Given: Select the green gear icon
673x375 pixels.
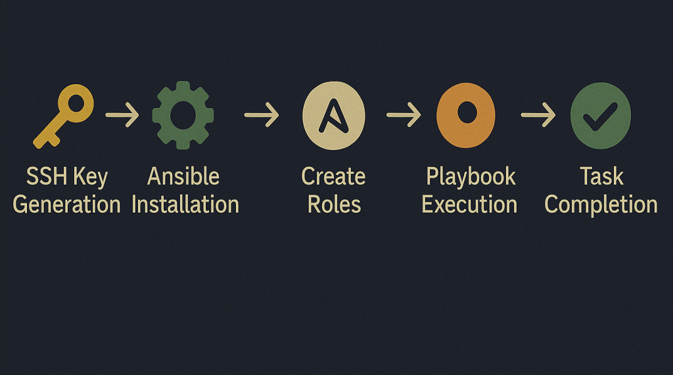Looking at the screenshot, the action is pos(183,115).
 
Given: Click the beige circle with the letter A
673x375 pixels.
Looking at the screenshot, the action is pos(333,116).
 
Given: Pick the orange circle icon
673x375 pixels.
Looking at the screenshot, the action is pos(466,115).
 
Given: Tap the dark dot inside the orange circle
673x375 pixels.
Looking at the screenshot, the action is pos(467,112).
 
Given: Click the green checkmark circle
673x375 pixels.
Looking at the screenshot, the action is pos(601,116).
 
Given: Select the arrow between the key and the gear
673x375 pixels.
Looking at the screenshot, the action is pos(122,114).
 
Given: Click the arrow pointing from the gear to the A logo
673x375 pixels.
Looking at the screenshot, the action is pos(262,114).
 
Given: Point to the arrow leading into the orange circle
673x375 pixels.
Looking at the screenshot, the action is pos(404,114).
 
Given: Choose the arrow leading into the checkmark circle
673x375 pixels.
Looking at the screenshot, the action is pos(538,114).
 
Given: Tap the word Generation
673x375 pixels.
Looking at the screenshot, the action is pos(67,205).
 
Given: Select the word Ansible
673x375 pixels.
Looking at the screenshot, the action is pos(183,176).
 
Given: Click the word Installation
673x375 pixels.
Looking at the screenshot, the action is pos(185,205).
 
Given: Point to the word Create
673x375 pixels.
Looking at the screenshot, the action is pos(333,176).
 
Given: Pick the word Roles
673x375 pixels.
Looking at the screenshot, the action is pos(335,205).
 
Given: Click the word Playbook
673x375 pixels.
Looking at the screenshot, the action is pos(471,177).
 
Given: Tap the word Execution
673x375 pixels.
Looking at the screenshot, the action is pos(469,205).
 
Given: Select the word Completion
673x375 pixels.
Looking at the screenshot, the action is pos(601,205).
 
